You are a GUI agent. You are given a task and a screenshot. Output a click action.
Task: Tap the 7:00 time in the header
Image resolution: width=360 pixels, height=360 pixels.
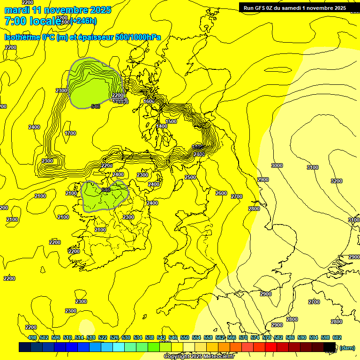tap(15, 21)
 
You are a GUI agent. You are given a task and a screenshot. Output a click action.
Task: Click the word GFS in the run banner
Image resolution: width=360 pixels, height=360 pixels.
tap(261, 8)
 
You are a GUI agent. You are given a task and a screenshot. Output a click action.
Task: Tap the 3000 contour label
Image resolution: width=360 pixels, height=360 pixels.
tap(277, 165)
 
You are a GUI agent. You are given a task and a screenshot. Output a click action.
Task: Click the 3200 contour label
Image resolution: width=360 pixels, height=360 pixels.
tap(336, 181)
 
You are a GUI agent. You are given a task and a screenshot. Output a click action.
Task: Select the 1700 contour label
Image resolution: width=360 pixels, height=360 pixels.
tap(70, 134)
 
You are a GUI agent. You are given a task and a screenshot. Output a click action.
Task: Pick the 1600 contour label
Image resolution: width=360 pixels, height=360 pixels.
tap(149, 101)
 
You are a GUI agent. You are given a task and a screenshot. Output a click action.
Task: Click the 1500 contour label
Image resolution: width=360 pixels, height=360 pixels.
tap(171, 121)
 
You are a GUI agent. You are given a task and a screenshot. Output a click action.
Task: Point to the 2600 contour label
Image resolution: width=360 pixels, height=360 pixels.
tap(221, 193)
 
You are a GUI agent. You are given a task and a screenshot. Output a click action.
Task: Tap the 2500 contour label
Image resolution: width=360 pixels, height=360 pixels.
tap(190, 177)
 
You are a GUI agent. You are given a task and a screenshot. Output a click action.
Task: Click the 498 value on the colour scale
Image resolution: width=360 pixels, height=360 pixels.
tap(32, 337)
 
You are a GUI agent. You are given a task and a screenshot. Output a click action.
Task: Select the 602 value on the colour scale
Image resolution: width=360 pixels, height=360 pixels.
tap(337, 337)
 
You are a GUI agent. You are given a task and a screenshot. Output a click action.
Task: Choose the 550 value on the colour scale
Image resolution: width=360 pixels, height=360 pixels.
tap(184, 337)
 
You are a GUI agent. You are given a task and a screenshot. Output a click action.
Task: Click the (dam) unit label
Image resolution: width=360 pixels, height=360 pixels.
tap(347, 347)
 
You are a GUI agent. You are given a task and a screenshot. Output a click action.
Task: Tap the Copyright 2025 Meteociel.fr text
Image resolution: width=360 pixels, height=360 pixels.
tap(199, 357)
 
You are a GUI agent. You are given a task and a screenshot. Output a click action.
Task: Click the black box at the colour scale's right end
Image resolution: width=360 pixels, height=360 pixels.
tap(330, 347)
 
